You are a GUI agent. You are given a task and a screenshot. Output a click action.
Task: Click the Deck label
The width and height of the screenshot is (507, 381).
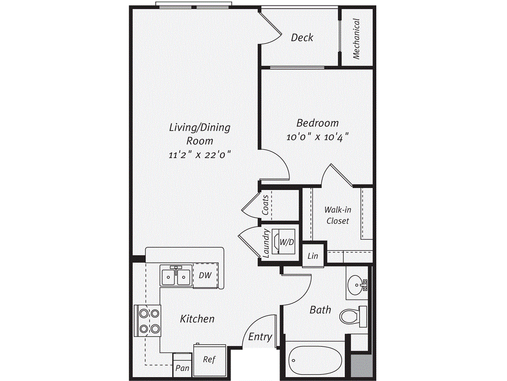tap(302, 37)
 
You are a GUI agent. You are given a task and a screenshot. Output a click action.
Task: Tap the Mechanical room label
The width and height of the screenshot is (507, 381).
tap(356, 39)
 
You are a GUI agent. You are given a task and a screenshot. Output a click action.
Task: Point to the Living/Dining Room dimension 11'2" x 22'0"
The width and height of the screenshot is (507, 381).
tap(200, 154)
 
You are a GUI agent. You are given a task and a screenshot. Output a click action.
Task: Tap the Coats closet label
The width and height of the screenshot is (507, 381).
tap(266, 205)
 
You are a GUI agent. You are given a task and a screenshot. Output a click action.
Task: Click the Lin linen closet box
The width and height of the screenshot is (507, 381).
tap(312, 256)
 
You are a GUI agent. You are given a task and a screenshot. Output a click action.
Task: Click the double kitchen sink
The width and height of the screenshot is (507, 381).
tap(175, 276)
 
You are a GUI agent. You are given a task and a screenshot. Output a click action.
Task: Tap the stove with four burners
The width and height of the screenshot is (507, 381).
tap(148, 320)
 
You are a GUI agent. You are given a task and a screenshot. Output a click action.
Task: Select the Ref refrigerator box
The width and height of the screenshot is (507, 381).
tap(208, 359)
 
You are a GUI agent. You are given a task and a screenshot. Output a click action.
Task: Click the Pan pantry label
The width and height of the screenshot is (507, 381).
tap(182, 368)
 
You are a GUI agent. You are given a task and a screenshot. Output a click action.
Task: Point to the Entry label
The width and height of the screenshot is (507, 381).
tap(260, 337)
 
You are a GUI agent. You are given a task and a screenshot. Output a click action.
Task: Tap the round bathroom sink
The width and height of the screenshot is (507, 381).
tap(356, 285)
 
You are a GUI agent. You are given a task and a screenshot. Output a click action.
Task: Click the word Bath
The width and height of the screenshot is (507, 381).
tap(320, 310)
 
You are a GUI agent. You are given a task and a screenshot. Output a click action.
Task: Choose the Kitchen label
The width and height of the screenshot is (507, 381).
tap(197, 318)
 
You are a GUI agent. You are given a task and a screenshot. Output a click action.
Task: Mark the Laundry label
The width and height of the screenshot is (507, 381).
tap(266, 243)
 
